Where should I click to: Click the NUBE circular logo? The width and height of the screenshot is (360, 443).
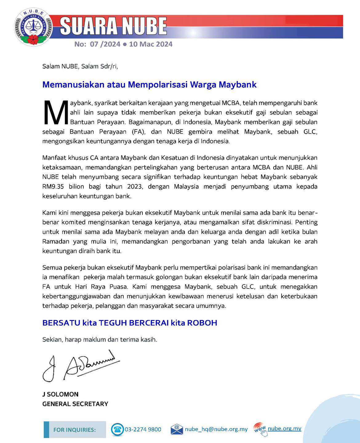click(x=33, y=27)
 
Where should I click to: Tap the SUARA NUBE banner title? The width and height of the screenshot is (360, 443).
click(x=113, y=26)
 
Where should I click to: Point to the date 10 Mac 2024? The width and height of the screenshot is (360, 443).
click(x=151, y=44)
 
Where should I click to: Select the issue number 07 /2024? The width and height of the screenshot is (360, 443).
click(x=105, y=44)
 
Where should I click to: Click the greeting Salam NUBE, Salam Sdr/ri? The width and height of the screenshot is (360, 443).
click(x=80, y=66)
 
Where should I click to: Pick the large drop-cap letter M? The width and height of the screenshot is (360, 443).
click(x=56, y=112)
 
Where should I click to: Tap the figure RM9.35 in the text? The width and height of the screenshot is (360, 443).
click(x=53, y=186)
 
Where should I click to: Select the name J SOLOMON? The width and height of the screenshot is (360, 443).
click(x=60, y=394)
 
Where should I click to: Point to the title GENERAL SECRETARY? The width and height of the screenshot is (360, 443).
click(x=75, y=404)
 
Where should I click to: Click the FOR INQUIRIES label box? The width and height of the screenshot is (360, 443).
click(x=74, y=429)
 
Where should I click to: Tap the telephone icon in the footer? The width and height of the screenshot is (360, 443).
click(x=117, y=429)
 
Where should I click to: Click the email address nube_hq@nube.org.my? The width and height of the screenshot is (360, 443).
click(x=216, y=429)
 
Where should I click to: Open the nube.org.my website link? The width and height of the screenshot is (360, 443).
click(x=284, y=429)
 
